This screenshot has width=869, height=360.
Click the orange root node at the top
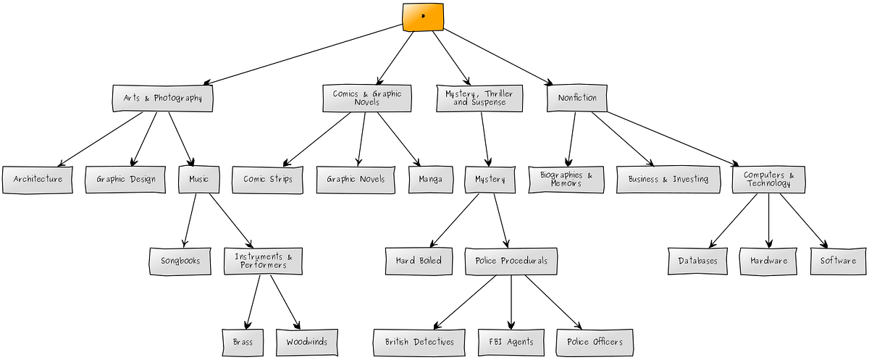pyautogui.click(x=424, y=17)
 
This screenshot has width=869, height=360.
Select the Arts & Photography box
pyautogui.click(x=163, y=99)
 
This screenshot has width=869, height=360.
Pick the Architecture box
pyautogui.click(x=38, y=180)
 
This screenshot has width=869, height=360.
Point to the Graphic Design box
pyautogui.click(x=125, y=180)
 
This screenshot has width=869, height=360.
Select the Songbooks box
pyautogui.click(x=180, y=261)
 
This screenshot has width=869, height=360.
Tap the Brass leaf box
pyautogui.click(x=243, y=342)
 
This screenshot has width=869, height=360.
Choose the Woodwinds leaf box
pyautogui.click(x=307, y=342)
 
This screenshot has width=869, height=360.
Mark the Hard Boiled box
pyautogui.click(x=419, y=261)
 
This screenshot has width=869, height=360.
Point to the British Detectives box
pyautogui.click(x=419, y=342)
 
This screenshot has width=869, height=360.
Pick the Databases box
pyautogui.click(x=698, y=261)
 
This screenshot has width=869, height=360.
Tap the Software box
pyautogui.click(x=838, y=261)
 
